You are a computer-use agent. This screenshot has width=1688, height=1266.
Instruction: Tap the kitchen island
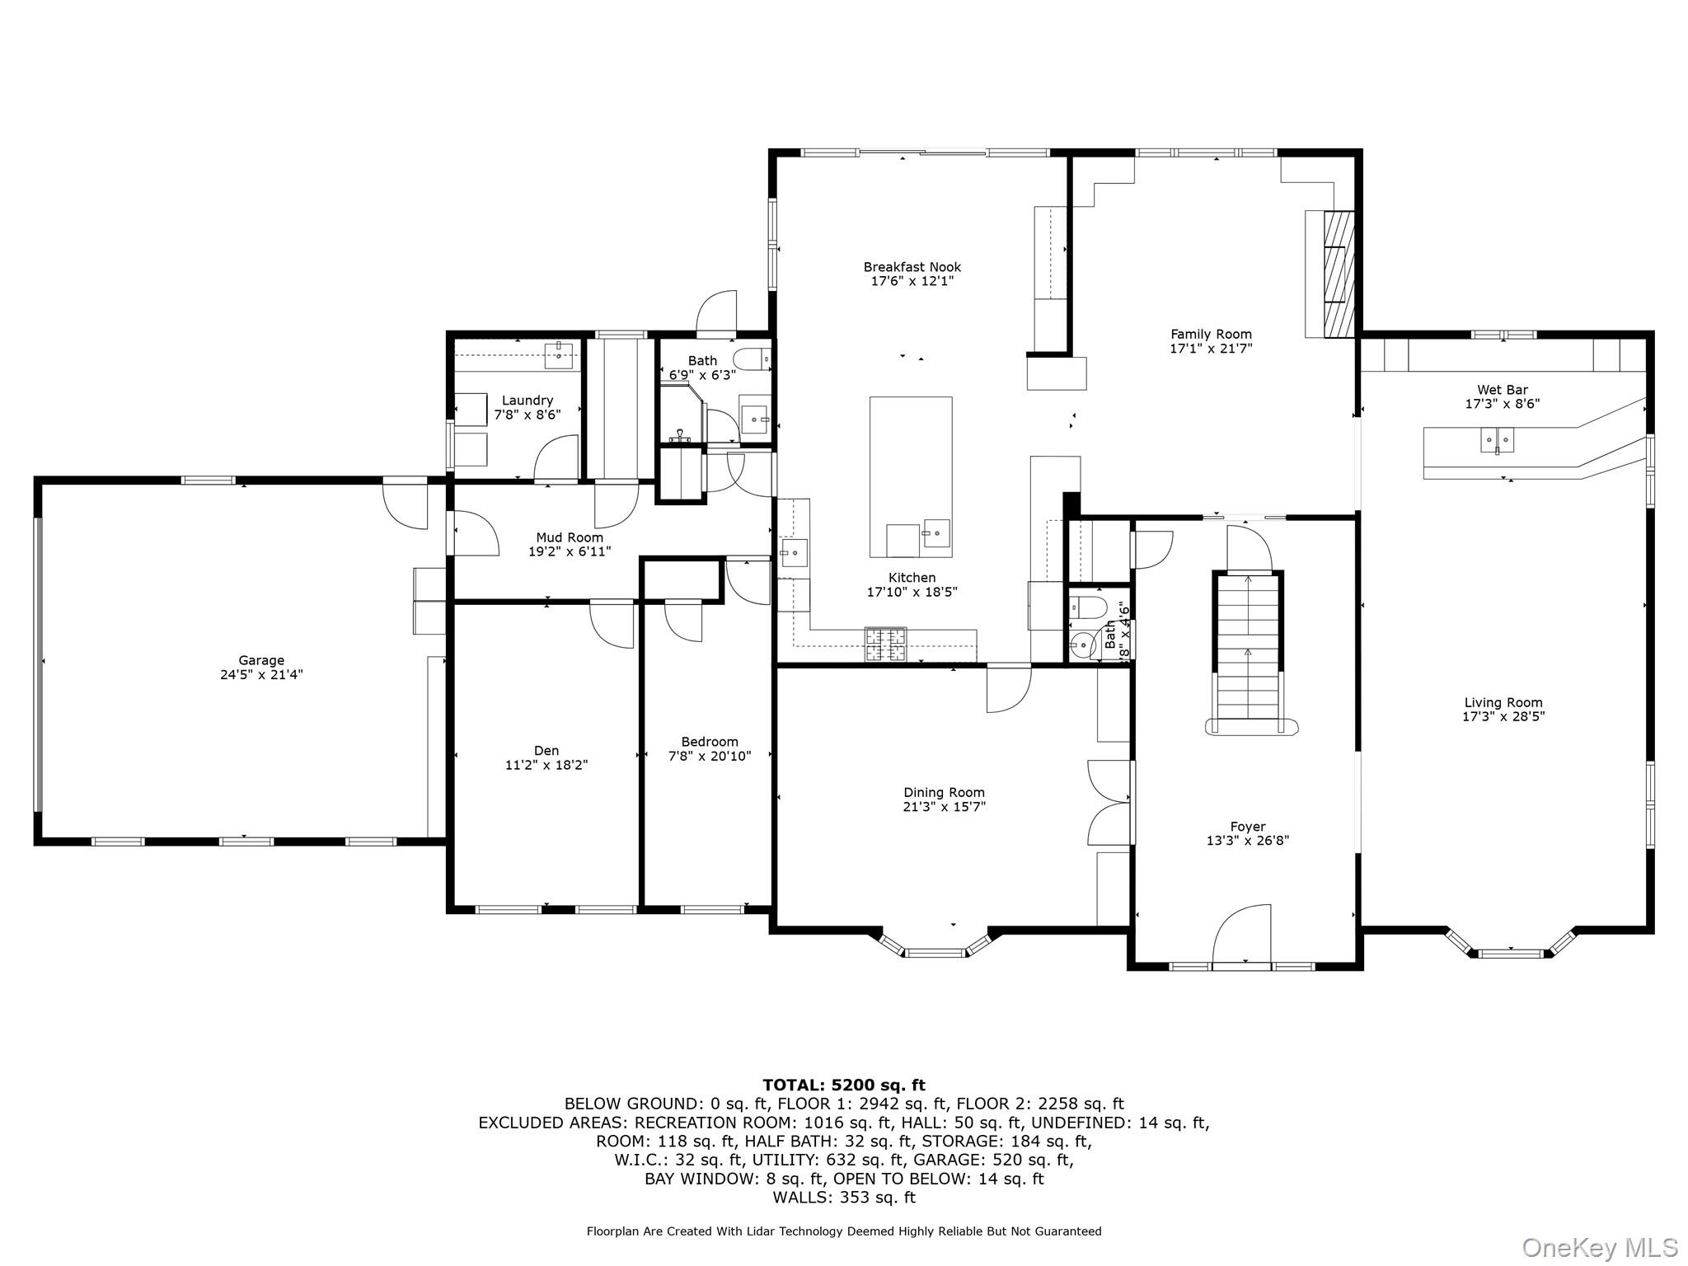coord(911,477)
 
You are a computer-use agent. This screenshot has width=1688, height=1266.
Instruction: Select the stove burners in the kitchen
coord(884,645)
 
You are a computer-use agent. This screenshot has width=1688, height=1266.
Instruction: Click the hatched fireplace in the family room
coord(1339,274)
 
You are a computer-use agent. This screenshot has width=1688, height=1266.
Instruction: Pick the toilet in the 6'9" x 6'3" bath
coord(752,359)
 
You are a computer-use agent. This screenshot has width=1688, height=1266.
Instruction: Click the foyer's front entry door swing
coord(1241,933)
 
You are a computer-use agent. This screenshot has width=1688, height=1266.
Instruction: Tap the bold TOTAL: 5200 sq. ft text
coord(844,1085)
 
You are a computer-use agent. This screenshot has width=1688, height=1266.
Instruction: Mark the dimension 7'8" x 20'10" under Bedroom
coord(710,756)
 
